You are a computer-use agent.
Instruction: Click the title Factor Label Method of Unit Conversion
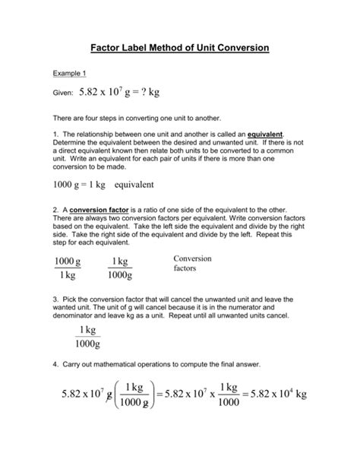click(x=179, y=47)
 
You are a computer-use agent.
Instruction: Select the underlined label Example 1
click(x=66, y=74)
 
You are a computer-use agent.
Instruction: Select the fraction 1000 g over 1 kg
click(x=68, y=269)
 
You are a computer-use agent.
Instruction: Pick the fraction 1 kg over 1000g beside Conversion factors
click(x=118, y=269)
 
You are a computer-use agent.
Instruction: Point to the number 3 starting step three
click(x=55, y=300)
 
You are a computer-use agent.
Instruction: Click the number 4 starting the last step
click(x=55, y=366)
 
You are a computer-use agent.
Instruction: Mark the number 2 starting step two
click(x=55, y=209)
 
